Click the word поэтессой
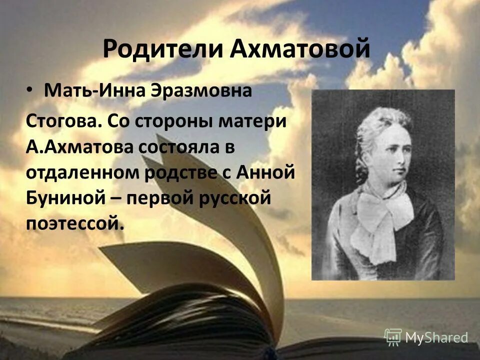click(73, 223)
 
